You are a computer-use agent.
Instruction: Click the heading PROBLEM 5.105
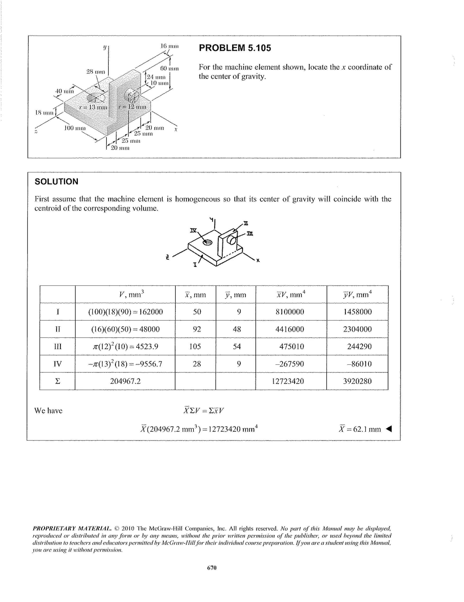click(235, 48)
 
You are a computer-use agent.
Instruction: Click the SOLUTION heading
click(56, 181)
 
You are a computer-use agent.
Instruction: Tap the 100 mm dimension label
click(75, 128)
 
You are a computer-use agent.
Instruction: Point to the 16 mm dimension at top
click(169, 46)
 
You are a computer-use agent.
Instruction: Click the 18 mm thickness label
click(44, 113)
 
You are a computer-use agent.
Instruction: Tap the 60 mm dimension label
click(169, 68)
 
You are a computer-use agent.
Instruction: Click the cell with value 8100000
click(290, 312)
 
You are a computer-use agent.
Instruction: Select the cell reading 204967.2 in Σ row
click(125, 381)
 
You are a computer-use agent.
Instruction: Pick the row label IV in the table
click(57, 364)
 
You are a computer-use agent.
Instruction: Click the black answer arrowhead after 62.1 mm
click(389, 429)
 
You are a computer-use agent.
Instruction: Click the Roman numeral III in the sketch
click(250, 234)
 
